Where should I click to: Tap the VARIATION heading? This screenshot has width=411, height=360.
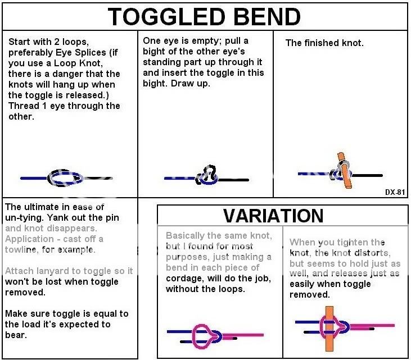click(273, 215)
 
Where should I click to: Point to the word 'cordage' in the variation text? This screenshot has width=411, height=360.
click(184, 279)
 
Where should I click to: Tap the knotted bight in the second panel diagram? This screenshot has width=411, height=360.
click(207, 175)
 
